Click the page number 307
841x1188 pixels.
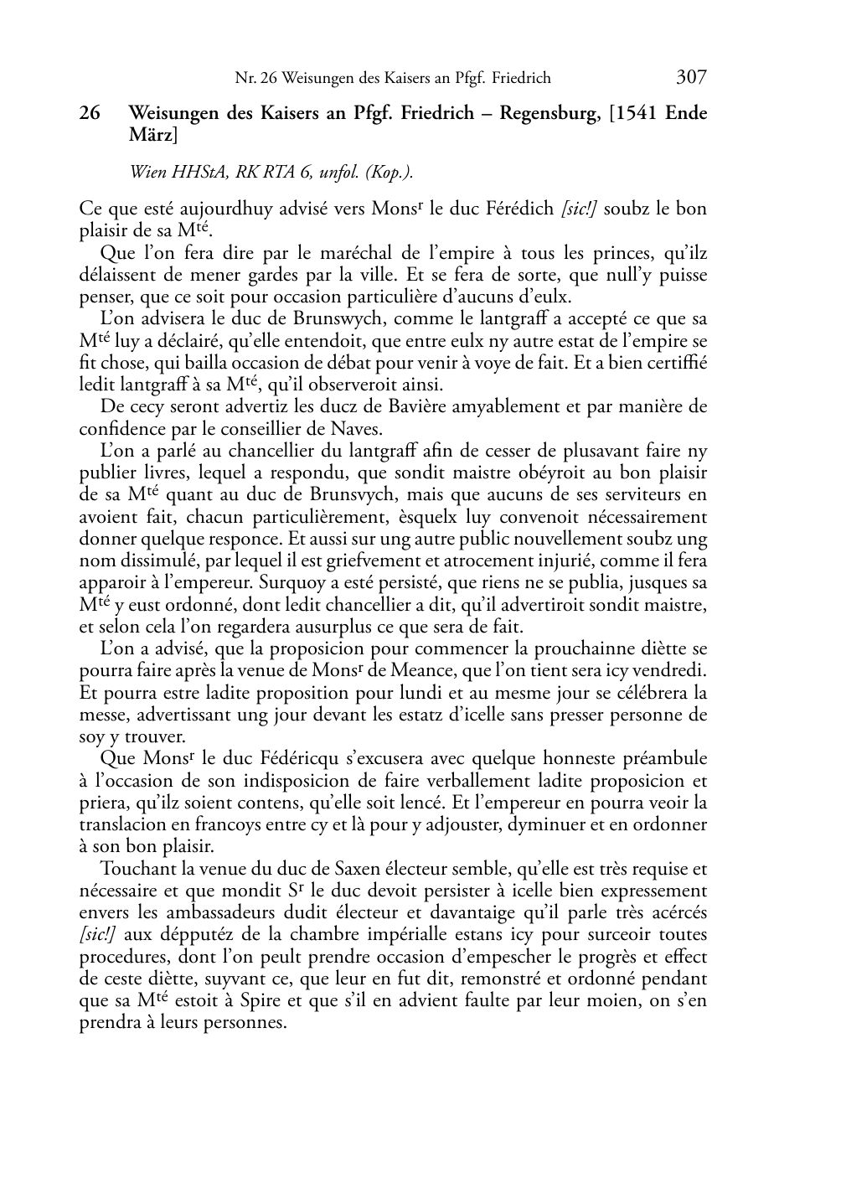point(691,78)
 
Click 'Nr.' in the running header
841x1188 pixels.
point(245,79)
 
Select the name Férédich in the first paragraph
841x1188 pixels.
point(519,209)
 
